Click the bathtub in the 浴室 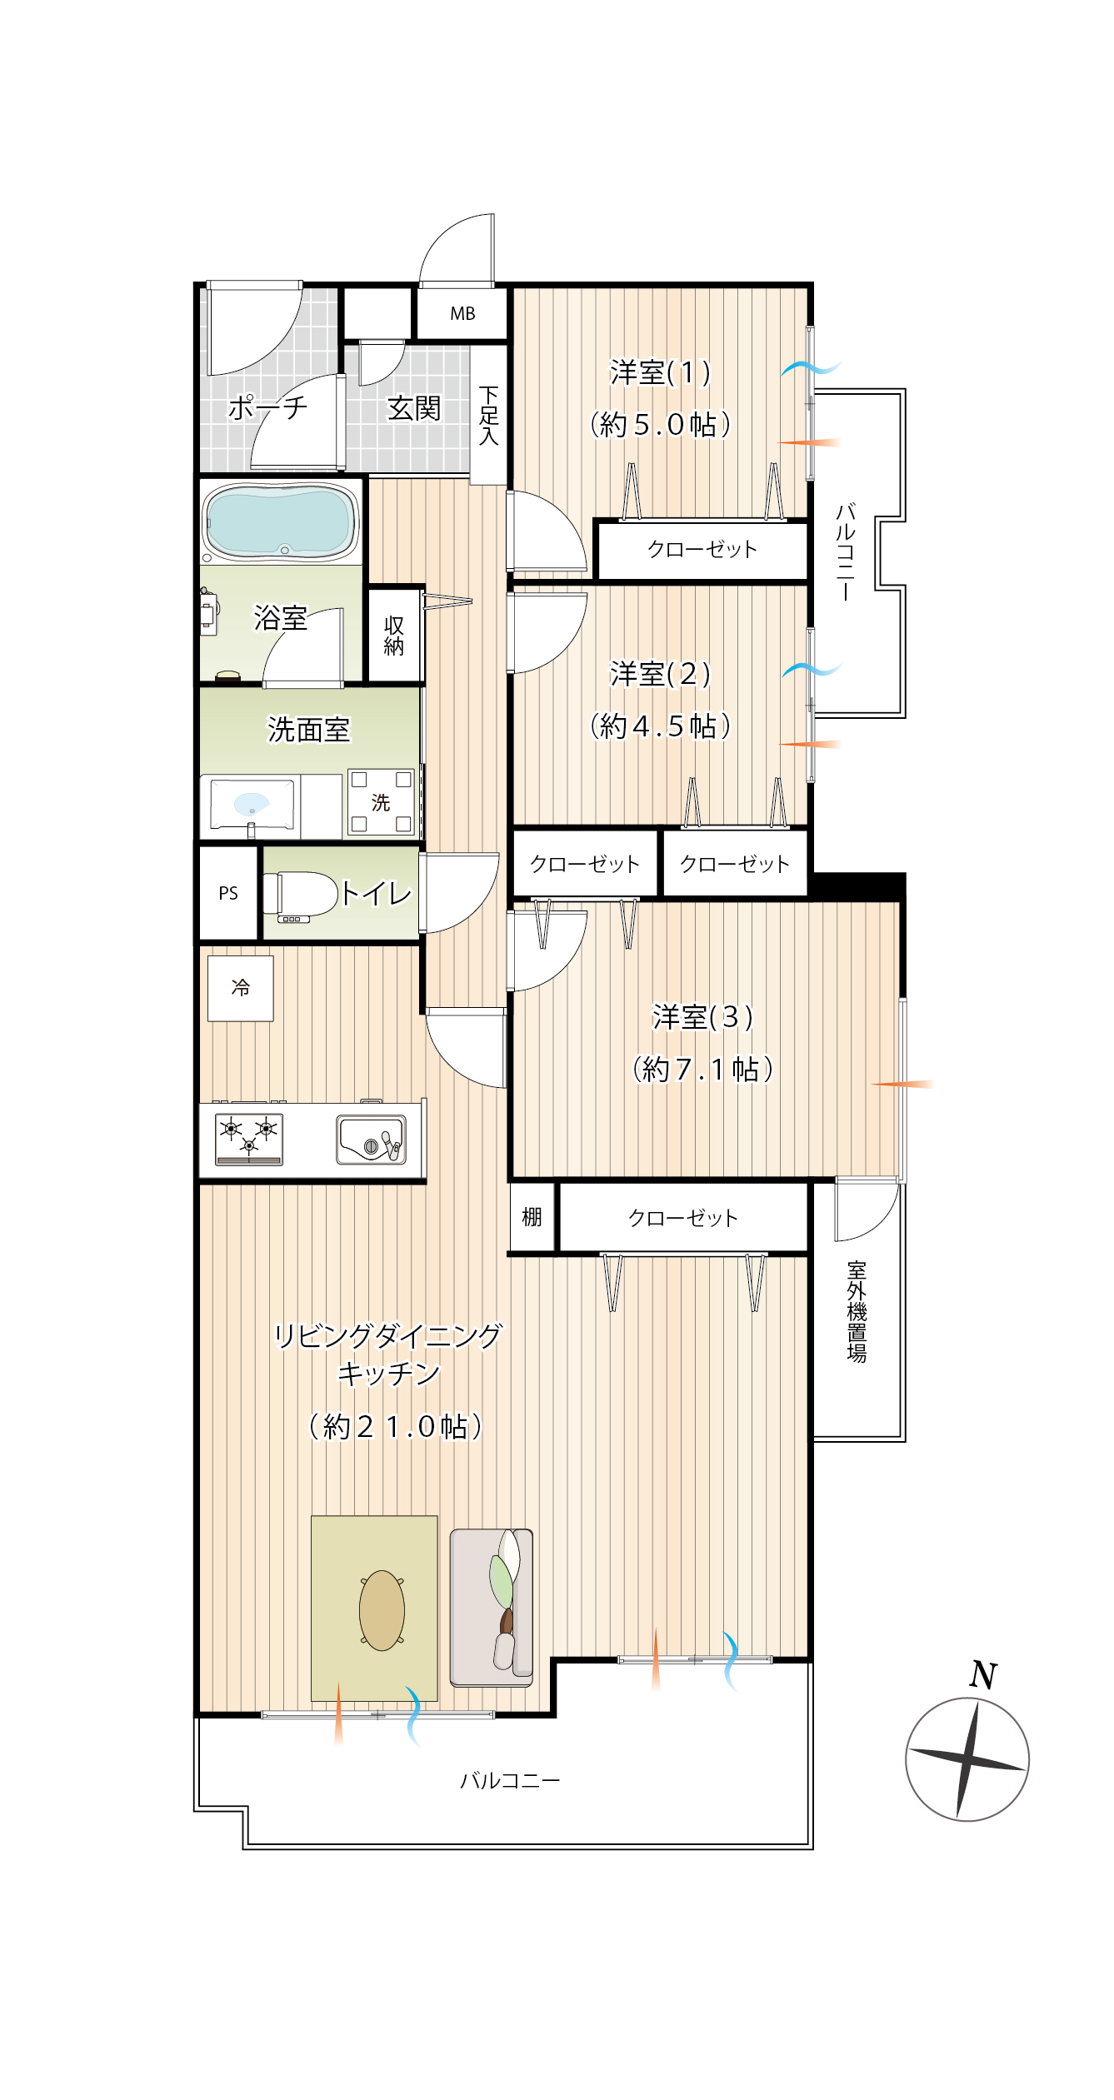click(x=282, y=521)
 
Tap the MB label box click(x=462, y=313)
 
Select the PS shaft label click(x=228, y=893)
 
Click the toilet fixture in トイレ click(x=300, y=895)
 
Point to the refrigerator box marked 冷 click(x=241, y=989)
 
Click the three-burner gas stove click(x=249, y=1138)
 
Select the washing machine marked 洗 click(x=381, y=802)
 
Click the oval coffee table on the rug click(x=382, y=1610)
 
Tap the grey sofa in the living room click(x=492, y=1607)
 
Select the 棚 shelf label click(x=532, y=1217)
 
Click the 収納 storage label click(x=394, y=636)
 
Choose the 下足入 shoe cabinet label click(x=489, y=415)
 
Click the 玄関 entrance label click(x=414, y=409)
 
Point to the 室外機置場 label click(x=857, y=1312)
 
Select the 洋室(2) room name click(x=660, y=673)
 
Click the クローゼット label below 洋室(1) click(x=702, y=549)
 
